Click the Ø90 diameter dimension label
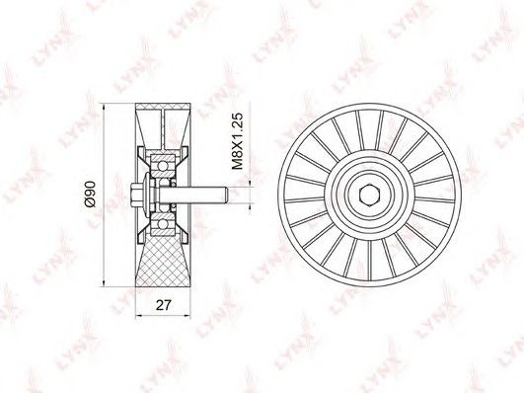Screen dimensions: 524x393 point(90,194)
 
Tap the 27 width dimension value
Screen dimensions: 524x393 point(164,305)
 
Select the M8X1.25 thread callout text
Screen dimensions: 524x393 point(237,141)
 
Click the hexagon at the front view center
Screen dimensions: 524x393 point(369,196)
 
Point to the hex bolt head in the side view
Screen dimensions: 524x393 point(136,195)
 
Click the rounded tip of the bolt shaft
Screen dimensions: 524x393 point(226,195)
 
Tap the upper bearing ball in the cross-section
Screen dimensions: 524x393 point(163,166)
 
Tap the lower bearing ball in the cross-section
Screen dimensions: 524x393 point(163,223)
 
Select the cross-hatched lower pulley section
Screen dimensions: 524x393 point(163,261)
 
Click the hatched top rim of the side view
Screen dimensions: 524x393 point(163,107)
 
